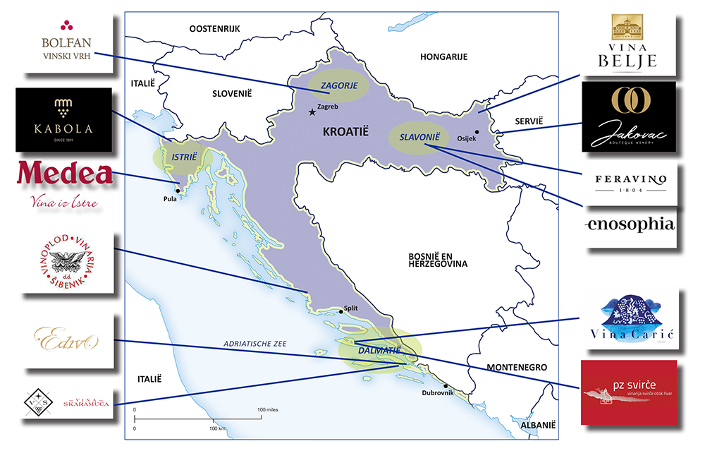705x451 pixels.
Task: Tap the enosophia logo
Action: click(630, 225)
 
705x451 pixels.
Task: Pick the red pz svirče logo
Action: click(628, 392)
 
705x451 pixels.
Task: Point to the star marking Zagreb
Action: click(312, 112)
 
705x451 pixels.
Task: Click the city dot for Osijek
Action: click(477, 132)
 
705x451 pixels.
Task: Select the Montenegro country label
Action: click(517, 368)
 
